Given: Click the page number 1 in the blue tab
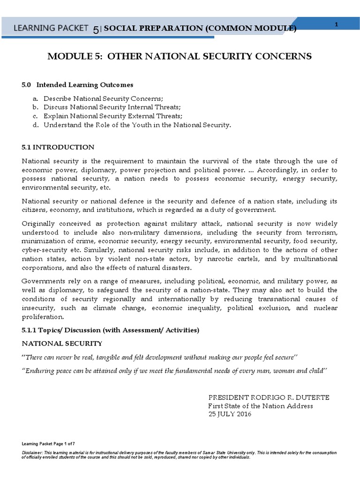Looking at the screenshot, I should [x=337, y=24].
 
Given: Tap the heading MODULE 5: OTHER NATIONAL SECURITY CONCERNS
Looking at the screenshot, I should [x=180, y=56].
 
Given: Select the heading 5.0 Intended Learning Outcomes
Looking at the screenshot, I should [x=77, y=85].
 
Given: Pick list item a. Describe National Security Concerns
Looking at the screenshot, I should [x=103, y=98].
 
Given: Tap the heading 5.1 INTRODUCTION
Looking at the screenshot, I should [x=58, y=147].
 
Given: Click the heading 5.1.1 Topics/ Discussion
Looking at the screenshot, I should [x=111, y=330].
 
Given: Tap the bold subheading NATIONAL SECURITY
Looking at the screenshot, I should [x=62, y=344].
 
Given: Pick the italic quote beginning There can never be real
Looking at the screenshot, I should [x=160, y=357].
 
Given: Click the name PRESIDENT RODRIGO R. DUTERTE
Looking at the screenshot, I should [x=269, y=397].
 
